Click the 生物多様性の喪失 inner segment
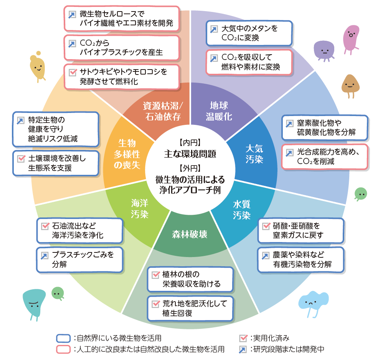[126, 154]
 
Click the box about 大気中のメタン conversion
[249, 33]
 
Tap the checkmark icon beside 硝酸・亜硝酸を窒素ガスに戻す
[266, 226]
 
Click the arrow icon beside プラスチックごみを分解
[45, 255]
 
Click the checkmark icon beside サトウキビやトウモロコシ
[72, 72]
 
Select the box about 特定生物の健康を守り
[55, 129]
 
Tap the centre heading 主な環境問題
[190, 154]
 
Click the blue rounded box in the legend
[63, 338]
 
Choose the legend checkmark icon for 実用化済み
[243, 338]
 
